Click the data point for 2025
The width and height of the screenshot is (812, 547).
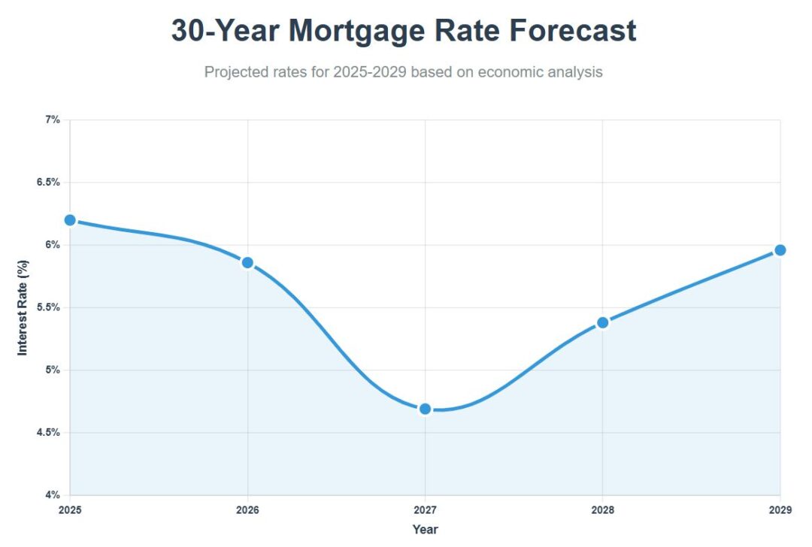point(70,220)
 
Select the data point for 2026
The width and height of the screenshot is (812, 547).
point(247,262)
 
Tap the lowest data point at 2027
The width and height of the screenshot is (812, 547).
point(425,409)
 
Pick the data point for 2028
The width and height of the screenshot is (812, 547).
point(602,322)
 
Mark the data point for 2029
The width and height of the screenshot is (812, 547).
point(780,250)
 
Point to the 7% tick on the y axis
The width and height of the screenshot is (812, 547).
point(53,120)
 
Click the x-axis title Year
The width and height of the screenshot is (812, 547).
point(425,530)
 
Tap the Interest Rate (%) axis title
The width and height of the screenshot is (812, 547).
point(23,307)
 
